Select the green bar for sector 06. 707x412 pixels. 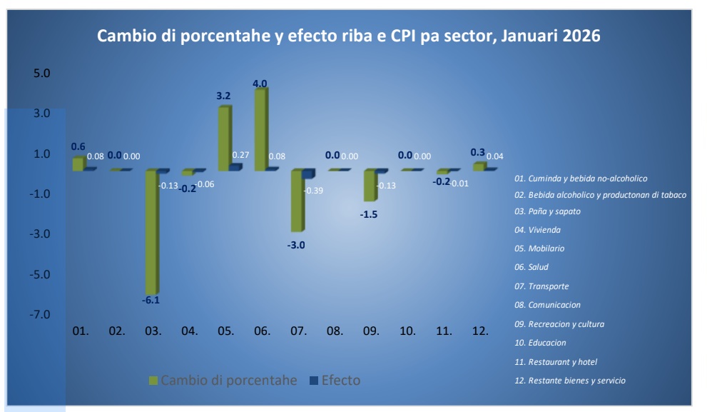(260, 129)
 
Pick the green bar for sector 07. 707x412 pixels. (297, 201)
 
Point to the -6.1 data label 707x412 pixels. (152, 301)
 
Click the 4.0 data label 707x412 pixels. (260, 84)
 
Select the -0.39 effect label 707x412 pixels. (313, 191)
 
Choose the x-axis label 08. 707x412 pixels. (334, 331)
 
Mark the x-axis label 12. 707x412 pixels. (480, 331)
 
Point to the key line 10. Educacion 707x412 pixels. (547, 343)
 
